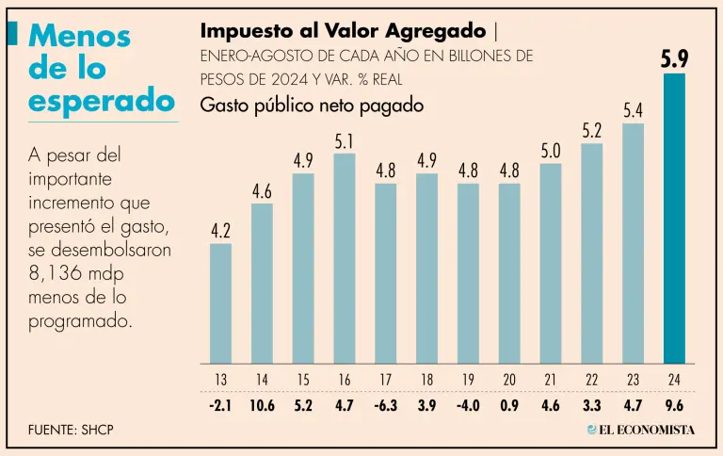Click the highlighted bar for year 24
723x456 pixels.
[x=674, y=219]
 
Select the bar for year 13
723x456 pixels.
[x=220, y=303]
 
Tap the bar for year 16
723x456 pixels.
[x=345, y=258]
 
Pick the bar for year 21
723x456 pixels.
[x=551, y=264]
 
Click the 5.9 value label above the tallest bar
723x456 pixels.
[x=674, y=58]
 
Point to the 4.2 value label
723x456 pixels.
[x=220, y=230]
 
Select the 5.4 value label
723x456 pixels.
[x=633, y=110]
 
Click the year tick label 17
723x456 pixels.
[x=386, y=380]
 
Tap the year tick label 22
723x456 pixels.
[x=592, y=380]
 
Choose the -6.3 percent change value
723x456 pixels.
[x=386, y=407]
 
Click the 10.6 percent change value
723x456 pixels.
[x=262, y=407]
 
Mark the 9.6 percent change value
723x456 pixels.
[x=674, y=407]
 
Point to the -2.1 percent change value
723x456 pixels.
[x=220, y=407]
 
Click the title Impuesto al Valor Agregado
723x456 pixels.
[x=343, y=29]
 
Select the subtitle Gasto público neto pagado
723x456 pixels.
[x=312, y=106]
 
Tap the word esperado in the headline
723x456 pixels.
[x=103, y=100]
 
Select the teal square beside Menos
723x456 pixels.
[x=12, y=33]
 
